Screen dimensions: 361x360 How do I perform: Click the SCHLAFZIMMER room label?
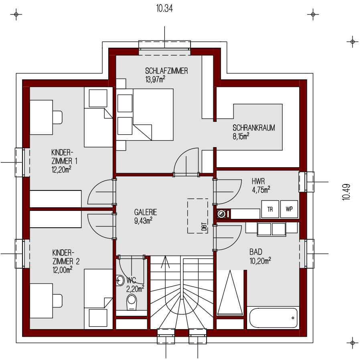coord(166,71)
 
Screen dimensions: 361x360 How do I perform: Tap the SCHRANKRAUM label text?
coord(254,128)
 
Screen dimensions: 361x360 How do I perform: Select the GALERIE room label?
coord(146,212)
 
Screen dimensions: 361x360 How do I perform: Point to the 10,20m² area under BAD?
coord(260,261)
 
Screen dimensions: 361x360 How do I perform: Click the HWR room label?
coord(258,181)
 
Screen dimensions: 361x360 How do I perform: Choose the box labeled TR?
coord(270,209)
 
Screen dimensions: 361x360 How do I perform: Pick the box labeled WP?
coord(289,209)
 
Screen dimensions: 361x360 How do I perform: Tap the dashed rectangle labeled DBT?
coord(197,216)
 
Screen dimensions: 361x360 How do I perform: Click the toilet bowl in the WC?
coord(132,302)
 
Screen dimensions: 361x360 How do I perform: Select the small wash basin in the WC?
coord(120,280)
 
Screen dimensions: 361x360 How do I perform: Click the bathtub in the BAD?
coord(273,318)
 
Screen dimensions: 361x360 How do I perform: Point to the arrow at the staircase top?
coord(165,262)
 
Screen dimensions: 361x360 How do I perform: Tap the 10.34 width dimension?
coord(164,8)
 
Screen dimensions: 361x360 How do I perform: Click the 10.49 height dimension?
coord(346,192)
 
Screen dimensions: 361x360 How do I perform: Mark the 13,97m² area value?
coord(155,79)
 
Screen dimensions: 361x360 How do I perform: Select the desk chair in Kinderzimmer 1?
coord(57,117)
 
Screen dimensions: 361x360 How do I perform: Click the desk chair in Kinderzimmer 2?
coord(57,301)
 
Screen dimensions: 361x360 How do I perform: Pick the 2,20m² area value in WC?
coord(135,289)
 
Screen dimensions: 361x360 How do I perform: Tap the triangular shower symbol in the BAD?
coord(230,292)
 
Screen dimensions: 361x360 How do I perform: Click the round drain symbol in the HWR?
coord(221,214)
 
